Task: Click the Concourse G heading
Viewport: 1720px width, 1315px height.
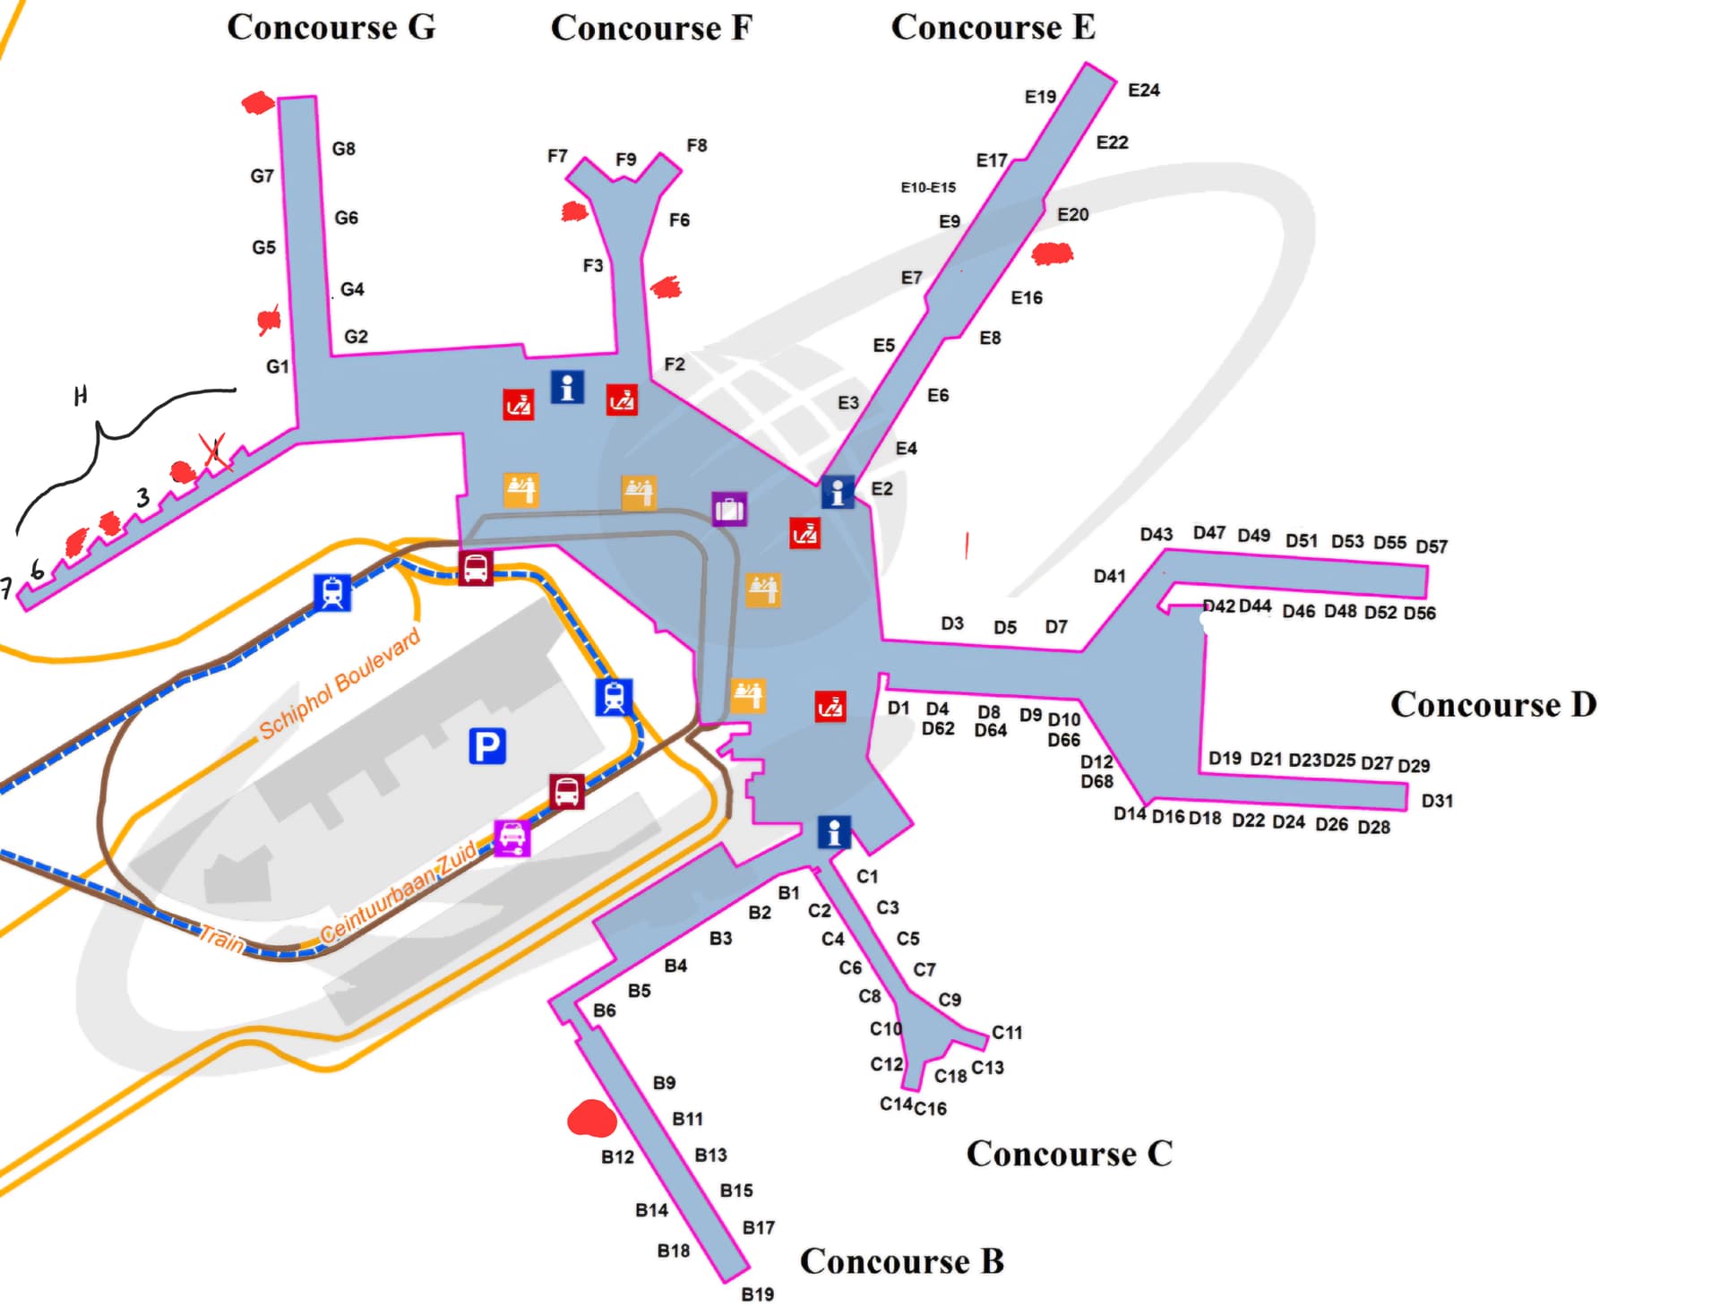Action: click(331, 27)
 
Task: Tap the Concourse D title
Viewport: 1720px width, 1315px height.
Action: click(1492, 704)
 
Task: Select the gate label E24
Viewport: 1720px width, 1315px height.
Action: click(1143, 90)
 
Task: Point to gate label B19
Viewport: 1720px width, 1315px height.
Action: click(757, 1294)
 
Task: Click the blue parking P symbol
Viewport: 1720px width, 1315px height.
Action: click(487, 745)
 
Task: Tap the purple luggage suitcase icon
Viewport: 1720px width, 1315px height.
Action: click(729, 509)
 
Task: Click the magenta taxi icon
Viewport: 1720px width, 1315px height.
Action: click(512, 838)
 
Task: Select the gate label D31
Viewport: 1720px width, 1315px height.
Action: click(1437, 801)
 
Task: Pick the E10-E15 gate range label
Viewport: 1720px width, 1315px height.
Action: click(928, 187)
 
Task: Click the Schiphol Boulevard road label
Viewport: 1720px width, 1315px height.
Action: click(340, 684)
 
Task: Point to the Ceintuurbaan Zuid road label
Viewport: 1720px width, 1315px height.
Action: click(399, 894)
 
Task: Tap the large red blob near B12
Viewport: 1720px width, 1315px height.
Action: click(591, 1119)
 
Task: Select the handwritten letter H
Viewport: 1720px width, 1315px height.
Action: click(81, 395)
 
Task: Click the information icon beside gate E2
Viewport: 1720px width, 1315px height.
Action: click(837, 492)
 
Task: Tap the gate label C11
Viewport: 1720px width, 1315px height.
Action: click(1006, 1032)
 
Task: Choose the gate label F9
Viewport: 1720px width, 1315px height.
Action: click(625, 159)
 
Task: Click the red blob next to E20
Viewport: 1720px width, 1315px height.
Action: click(1052, 254)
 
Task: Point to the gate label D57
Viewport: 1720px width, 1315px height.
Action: click(1431, 546)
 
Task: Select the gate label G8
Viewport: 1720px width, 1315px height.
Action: click(343, 149)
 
